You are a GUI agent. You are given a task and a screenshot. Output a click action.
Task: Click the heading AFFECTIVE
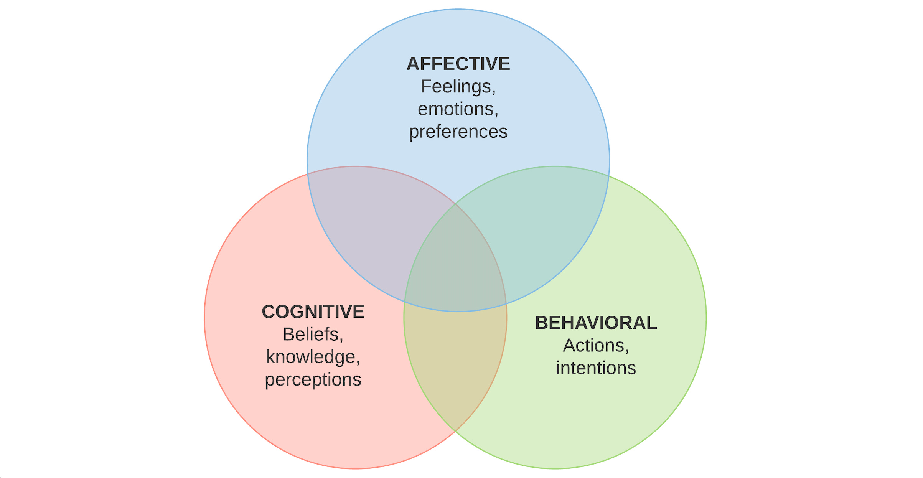[458, 64]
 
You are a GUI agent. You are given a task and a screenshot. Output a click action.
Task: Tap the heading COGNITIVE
[313, 312]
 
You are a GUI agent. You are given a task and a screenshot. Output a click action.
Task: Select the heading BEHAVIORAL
[596, 323]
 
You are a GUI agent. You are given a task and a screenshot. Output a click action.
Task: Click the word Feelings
[456, 86]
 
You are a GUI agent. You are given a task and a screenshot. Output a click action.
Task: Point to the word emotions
[456, 109]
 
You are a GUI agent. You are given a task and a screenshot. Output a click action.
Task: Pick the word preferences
[458, 132]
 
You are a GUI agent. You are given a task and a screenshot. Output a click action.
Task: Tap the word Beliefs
[311, 334]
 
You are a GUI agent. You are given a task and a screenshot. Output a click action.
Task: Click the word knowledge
[311, 357]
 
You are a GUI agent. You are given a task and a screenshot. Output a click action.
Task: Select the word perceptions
[313, 379]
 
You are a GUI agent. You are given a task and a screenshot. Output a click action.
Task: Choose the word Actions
[594, 345]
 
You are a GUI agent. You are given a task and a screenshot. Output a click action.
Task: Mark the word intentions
[596, 368]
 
